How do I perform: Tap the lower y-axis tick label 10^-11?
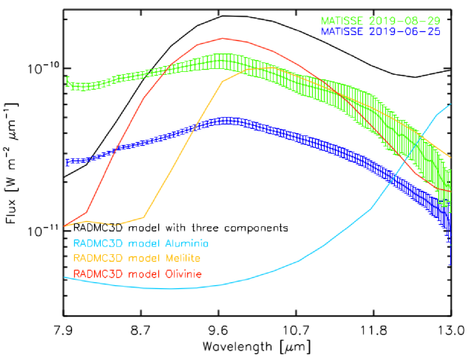(43, 230)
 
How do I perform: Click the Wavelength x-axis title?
(257, 346)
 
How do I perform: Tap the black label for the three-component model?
(181, 228)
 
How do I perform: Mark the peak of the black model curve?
(223, 16)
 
